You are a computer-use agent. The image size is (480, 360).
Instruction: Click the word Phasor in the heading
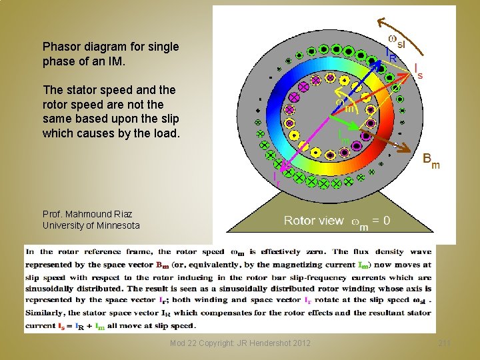tap(61, 47)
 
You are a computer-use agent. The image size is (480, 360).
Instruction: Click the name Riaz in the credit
tap(121, 214)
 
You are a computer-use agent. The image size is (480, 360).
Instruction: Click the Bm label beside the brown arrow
tap(431, 161)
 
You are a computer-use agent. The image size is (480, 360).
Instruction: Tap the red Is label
tap(418, 69)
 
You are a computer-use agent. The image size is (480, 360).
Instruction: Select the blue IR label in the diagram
tap(391, 55)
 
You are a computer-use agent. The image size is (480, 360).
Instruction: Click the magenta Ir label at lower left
tap(276, 177)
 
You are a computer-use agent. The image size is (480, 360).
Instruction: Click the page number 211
tap(445, 343)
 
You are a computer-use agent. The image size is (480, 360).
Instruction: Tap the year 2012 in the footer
tap(299, 343)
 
